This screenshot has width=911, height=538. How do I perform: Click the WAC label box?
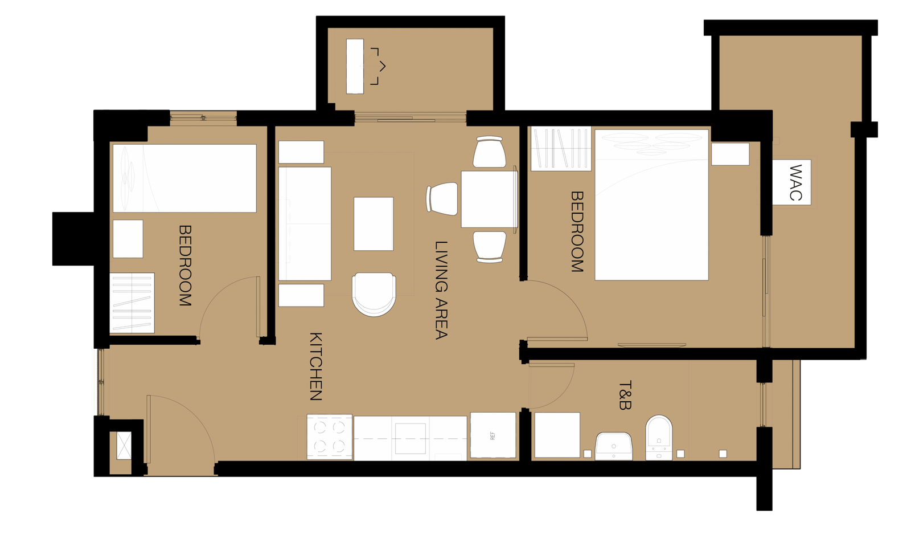click(791, 182)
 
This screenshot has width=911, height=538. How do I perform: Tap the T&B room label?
click(624, 395)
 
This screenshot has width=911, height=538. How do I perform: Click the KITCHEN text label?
click(316, 366)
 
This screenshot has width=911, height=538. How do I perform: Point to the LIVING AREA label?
click(441, 290)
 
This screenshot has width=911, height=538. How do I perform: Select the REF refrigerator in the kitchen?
click(493, 435)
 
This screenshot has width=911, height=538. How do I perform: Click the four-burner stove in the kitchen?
click(330, 437)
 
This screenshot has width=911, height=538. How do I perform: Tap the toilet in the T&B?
click(659, 438)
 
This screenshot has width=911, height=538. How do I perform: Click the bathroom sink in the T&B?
click(614, 446)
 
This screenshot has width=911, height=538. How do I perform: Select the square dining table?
click(489, 199)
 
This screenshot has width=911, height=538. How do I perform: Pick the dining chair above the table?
click(490, 152)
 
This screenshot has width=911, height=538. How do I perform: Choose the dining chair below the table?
click(490, 247)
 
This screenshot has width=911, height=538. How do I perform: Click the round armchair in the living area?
click(374, 294)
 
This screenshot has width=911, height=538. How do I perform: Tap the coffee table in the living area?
click(374, 224)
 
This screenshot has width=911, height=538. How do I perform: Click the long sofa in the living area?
click(305, 223)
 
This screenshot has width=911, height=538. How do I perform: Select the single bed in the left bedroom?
click(184, 178)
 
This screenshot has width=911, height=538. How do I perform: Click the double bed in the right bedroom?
click(651, 205)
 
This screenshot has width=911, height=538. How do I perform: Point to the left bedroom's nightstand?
click(128, 239)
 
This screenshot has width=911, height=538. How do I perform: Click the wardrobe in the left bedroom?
click(132, 303)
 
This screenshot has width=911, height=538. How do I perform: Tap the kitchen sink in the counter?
click(411, 438)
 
